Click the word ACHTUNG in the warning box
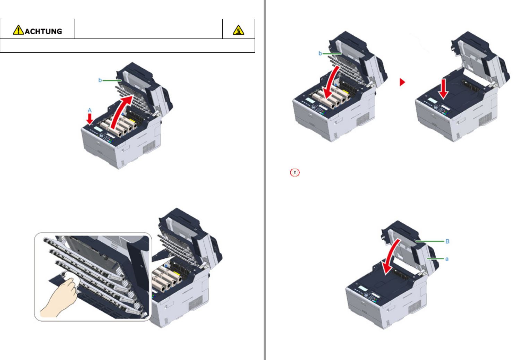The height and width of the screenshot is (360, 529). click(43, 32)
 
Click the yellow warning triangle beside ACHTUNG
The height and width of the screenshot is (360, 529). click(18, 30)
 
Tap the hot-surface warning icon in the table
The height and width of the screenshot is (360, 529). click(238, 30)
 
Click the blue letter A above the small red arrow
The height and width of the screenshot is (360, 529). click(89, 110)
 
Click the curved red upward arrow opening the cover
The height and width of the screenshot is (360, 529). click(120, 112)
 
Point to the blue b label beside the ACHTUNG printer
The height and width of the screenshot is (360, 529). click(100, 80)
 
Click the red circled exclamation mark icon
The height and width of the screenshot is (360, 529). click(295, 173)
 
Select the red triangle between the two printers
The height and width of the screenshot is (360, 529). click(402, 82)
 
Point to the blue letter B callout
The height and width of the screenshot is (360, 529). click(447, 241)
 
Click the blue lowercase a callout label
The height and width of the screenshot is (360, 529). click(447, 259)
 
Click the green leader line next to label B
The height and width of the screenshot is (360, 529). click(430, 241)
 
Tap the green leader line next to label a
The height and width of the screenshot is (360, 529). click(435, 259)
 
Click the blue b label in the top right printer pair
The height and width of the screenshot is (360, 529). click(320, 54)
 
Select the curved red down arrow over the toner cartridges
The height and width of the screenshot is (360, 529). click(332, 83)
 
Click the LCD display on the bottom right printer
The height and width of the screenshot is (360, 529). click(363, 289)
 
